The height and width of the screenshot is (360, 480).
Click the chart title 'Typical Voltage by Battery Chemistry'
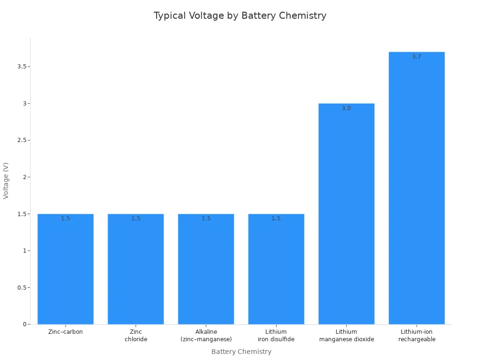coord(240,15)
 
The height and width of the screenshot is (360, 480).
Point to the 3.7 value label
coord(417,57)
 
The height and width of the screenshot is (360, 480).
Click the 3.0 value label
coord(346,108)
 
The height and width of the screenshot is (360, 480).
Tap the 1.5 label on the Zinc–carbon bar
coord(66,218)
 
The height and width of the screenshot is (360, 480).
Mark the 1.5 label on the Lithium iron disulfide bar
coord(276,218)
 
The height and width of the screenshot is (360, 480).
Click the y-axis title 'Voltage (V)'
coord(6,180)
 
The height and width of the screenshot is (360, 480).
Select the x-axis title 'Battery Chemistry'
coord(241,352)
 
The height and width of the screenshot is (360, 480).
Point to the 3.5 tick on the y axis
coord(21,67)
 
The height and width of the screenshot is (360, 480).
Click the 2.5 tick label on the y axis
coord(21,140)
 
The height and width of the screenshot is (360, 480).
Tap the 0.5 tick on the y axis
coord(21,288)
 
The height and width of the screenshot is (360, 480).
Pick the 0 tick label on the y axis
coord(24,324)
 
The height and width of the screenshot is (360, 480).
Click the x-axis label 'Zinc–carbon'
coord(66,332)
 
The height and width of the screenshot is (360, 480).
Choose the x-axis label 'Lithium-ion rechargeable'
coord(417,336)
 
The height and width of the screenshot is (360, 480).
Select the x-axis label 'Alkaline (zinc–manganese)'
coord(206,336)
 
